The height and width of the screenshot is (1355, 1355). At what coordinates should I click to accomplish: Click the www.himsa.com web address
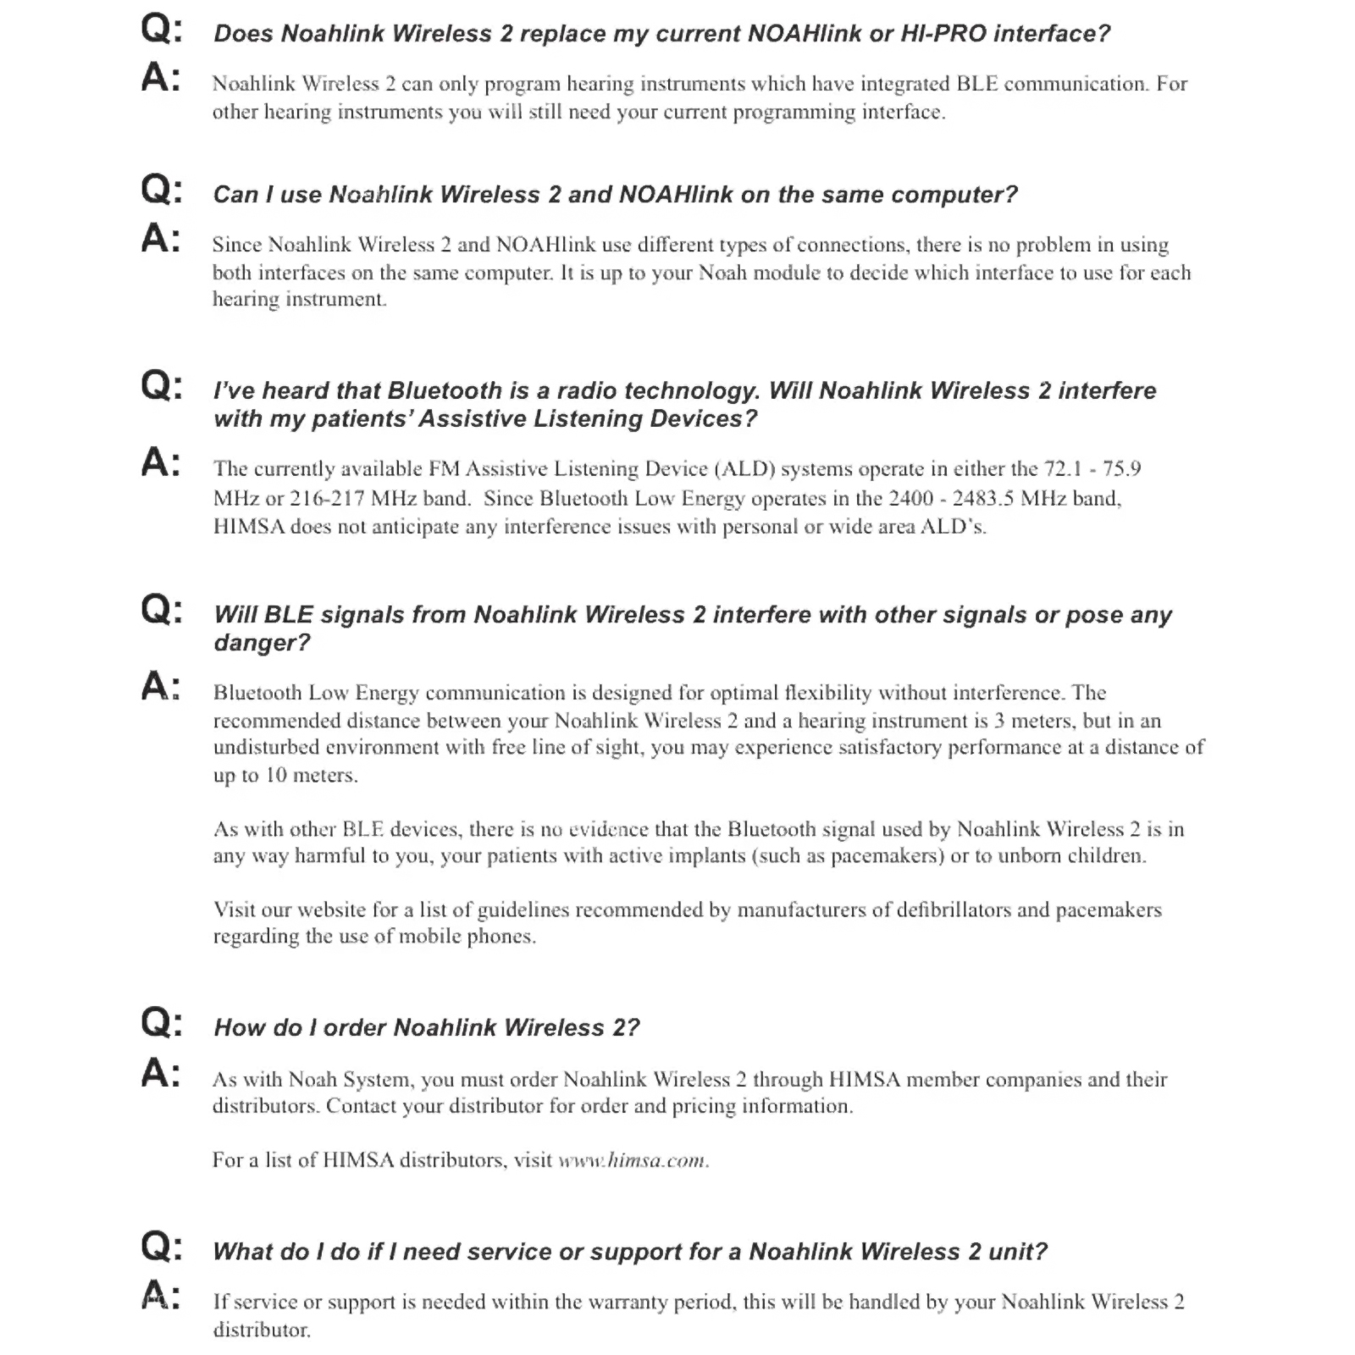[633, 1160]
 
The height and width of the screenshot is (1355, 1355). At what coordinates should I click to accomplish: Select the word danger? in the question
[262, 643]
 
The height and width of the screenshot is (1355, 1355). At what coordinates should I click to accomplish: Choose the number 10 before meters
[276, 775]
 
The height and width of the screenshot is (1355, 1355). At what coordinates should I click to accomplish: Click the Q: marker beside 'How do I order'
[161, 1023]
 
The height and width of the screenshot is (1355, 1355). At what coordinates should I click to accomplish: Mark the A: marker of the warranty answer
[161, 1296]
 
